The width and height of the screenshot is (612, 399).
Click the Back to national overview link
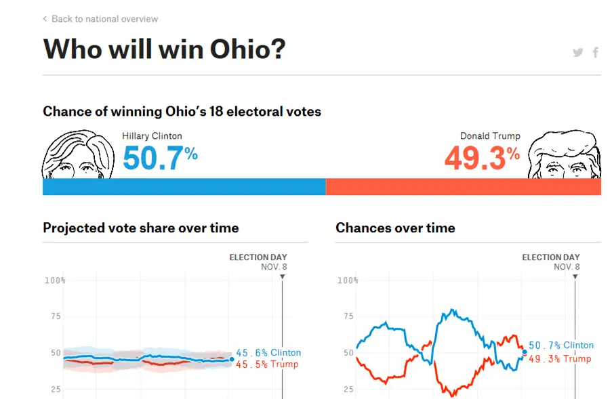coord(101,19)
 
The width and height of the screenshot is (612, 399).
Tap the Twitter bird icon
coord(578,52)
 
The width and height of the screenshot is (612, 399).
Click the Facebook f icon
coord(596,52)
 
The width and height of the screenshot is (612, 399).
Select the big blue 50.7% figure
coord(160,158)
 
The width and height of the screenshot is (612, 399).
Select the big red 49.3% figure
coord(482,158)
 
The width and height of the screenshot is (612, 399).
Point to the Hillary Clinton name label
coord(152,135)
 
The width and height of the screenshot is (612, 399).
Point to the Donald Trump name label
coord(490,135)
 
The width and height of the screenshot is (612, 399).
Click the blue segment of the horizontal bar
coord(184,187)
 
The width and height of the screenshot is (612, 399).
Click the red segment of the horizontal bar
coord(464,187)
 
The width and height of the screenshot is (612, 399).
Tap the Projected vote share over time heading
coord(141,228)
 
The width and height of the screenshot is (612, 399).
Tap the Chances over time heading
coord(395,228)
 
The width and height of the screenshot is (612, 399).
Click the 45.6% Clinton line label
coord(268,352)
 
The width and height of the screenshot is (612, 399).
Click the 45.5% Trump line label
coord(267,364)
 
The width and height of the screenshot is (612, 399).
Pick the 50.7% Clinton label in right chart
coord(561,345)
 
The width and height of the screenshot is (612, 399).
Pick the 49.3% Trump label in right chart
coord(560,359)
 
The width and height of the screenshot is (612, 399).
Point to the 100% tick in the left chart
coord(55,280)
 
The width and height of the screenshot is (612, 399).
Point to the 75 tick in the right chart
coord(348,316)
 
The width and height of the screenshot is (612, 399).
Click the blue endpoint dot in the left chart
coord(232,359)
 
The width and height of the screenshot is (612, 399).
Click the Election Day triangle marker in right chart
coord(575,276)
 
